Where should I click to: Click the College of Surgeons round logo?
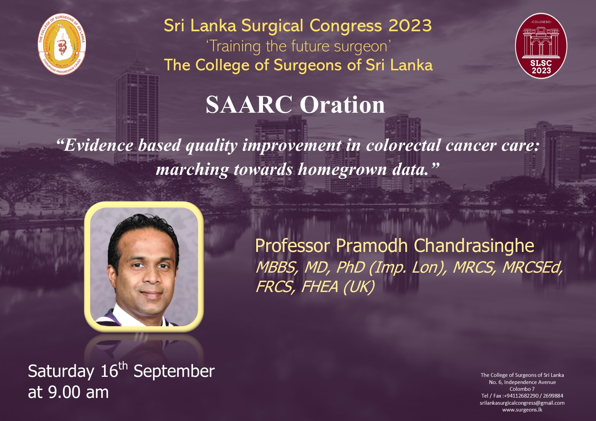point(62,44)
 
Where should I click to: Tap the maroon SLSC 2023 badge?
point(541,46)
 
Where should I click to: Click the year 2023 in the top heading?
point(410,26)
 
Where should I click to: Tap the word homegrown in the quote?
point(343,169)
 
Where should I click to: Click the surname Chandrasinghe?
point(474,245)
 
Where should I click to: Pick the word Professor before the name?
point(293,246)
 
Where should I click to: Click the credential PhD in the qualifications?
point(350,268)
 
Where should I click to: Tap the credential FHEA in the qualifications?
point(320,287)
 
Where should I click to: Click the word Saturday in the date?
point(61,371)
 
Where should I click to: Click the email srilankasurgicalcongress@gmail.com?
point(522,403)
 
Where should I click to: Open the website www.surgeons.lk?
point(522,410)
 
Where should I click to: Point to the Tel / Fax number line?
point(522,396)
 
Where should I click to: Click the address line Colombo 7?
point(522,389)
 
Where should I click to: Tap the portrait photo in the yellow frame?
point(144,267)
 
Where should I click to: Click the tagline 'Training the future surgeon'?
point(298,47)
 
